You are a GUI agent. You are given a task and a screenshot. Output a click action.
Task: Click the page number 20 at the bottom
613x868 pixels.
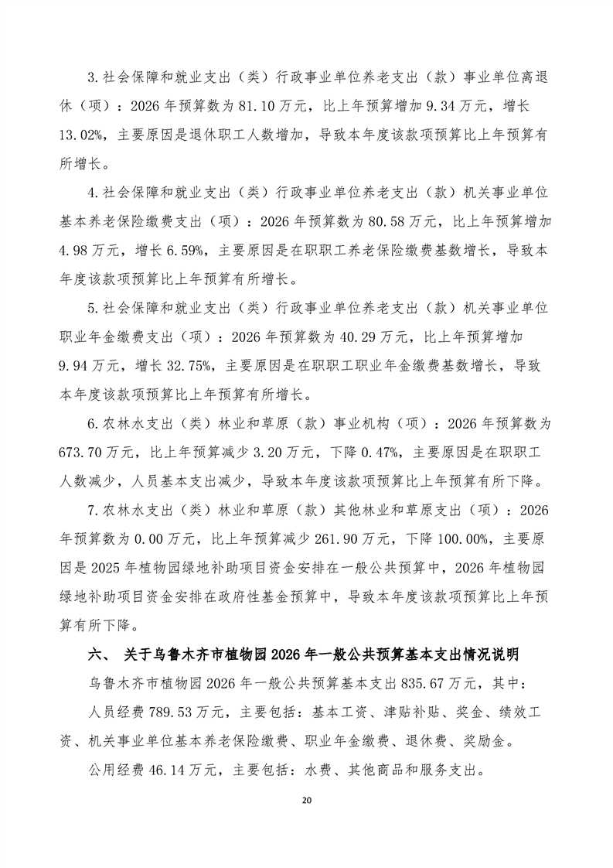307,822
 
